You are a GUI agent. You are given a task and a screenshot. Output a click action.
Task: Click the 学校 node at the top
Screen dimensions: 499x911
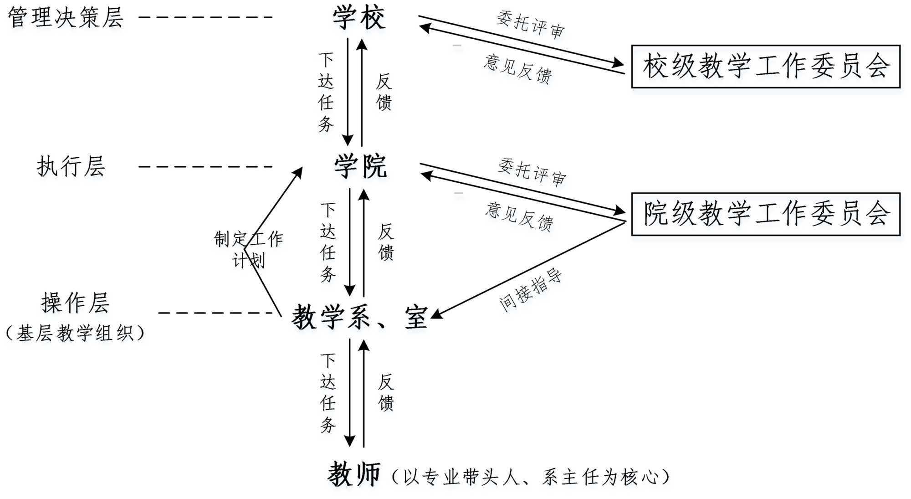point(359,18)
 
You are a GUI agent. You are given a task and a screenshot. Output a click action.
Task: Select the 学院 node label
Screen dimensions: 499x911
point(360,166)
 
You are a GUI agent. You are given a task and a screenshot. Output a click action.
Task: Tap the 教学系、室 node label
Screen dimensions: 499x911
point(359,317)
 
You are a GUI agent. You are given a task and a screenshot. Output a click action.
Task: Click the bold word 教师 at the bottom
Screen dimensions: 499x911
point(354,475)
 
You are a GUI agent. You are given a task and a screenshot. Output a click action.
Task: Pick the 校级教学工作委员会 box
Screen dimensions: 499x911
point(765,67)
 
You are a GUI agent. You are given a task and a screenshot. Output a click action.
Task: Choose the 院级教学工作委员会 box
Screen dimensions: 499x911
point(765,214)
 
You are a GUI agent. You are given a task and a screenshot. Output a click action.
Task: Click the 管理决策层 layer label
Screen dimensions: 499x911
point(66,17)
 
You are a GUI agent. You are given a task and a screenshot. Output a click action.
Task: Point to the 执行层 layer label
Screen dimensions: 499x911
point(71,166)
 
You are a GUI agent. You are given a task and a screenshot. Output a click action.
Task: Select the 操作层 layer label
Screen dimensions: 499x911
point(75,303)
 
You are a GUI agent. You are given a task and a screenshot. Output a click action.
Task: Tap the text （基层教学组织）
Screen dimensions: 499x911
point(75,333)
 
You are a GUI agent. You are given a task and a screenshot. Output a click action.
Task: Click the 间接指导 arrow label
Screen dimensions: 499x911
point(530,290)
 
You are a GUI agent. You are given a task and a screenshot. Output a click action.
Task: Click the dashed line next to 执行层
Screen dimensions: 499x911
point(205,167)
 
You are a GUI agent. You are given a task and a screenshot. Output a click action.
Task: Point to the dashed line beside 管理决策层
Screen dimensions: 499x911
point(205,17)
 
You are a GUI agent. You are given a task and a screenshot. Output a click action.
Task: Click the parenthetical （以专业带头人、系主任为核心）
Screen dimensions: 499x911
point(531,477)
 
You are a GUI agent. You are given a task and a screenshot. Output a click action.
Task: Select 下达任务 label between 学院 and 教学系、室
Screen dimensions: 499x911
point(328,242)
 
